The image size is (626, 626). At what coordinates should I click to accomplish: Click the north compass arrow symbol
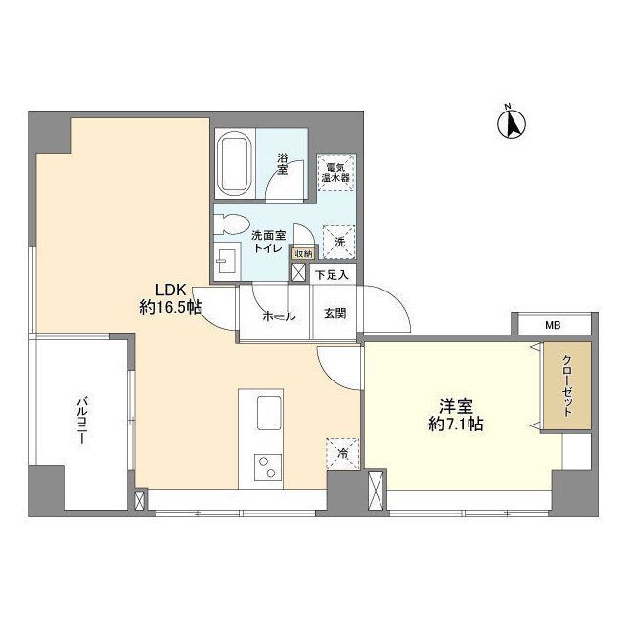coord(511,124)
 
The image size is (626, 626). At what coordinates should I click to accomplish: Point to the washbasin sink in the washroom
coord(226,260)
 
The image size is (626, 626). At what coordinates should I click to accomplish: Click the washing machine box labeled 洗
coord(338,240)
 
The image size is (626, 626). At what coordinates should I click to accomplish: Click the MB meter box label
coord(553,326)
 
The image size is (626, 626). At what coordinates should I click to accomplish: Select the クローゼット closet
coord(568,383)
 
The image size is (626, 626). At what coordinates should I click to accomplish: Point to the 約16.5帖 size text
coord(169,307)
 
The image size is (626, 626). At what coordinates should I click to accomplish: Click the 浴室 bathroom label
coord(283,162)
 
